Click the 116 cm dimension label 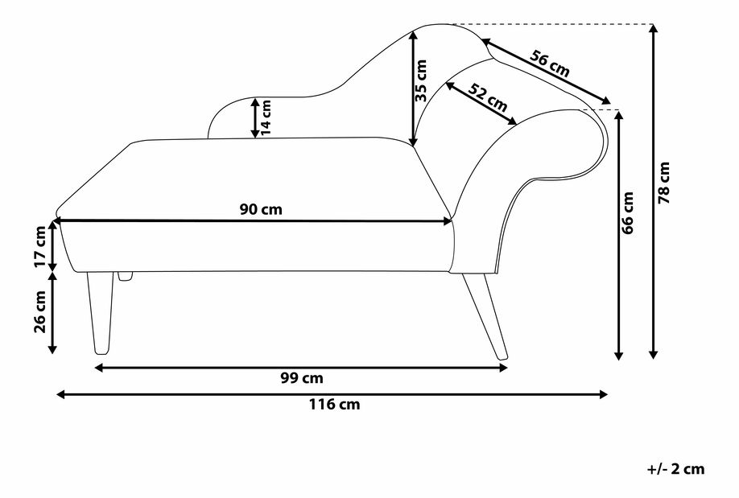[x=334, y=405]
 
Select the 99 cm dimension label [x=303, y=378]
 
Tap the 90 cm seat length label [x=261, y=209]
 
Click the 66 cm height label [x=629, y=212]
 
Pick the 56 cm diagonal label [x=550, y=64]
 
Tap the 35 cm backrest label [x=422, y=80]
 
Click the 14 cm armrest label [x=266, y=117]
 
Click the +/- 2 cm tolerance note [x=675, y=469]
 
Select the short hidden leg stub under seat [x=125, y=276]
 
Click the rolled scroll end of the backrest [x=584, y=141]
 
